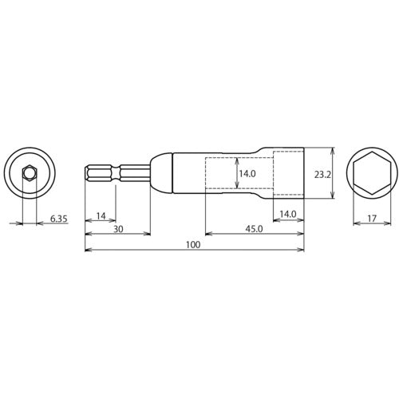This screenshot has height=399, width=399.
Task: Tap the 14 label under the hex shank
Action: coord(100,215)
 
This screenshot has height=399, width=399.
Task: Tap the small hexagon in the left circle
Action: coord(28,172)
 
